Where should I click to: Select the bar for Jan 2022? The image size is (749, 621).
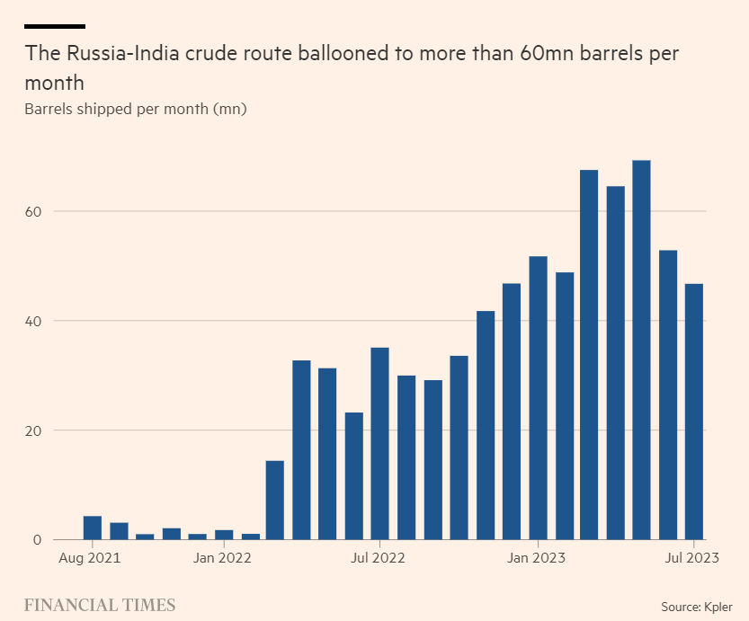click(223, 535)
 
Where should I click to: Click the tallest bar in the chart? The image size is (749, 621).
click(641, 350)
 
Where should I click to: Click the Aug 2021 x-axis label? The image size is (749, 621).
click(92, 558)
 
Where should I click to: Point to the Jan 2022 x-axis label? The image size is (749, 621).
click(223, 558)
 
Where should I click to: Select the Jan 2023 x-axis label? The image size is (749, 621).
click(538, 558)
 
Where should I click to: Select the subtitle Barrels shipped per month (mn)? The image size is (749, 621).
click(136, 110)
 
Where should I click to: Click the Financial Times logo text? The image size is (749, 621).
click(100, 604)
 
